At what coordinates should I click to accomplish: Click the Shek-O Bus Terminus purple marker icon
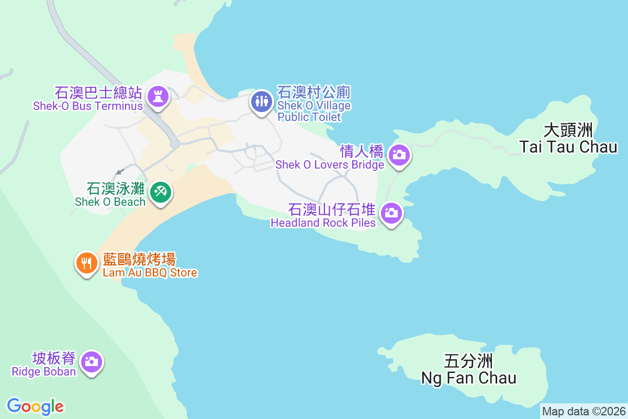tap(156, 97)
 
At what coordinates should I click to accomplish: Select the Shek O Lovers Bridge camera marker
tap(399, 155)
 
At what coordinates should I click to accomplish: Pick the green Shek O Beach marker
tap(160, 192)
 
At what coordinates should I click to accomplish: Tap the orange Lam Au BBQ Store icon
tap(87, 262)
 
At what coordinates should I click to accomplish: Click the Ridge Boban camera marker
tap(92, 362)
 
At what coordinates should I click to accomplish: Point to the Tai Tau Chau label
tap(568, 147)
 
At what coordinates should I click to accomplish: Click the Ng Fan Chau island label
tap(469, 378)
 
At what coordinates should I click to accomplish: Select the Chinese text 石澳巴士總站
tap(98, 94)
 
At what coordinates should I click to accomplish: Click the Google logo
tap(36, 406)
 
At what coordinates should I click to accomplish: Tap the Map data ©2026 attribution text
tap(584, 411)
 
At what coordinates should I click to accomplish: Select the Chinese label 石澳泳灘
tap(116, 189)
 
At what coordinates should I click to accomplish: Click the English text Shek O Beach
tap(110, 202)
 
